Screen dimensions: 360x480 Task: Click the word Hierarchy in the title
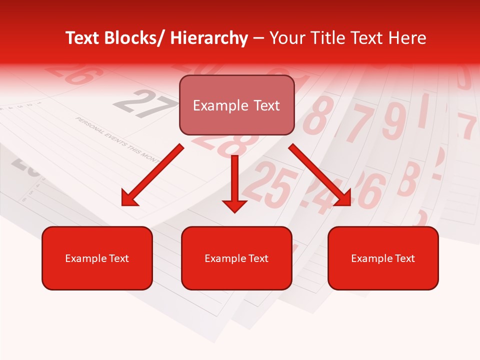pos(209,38)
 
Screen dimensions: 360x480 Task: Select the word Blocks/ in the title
pos(136,38)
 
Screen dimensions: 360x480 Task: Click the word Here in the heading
pos(407,38)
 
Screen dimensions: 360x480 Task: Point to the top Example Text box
pos(236,105)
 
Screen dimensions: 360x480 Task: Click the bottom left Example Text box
pos(97,258)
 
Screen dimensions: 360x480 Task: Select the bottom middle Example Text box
pos(236,258)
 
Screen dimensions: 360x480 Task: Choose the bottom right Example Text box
pos(383,258)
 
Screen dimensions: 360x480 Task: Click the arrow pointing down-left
pos(152,175)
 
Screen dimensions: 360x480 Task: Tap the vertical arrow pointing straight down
pos(234,182)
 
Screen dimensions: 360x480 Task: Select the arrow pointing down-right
pos(320,175)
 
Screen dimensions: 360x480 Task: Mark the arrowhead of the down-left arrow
pos(129,198)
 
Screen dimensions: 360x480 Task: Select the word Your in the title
pos(286,38)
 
